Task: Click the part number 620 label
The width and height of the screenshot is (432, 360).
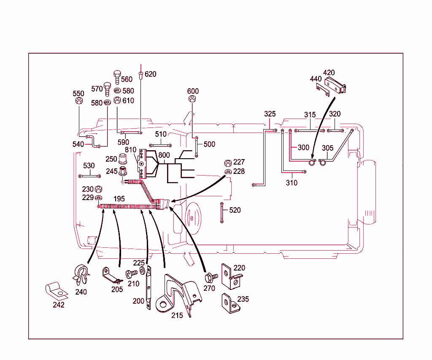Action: (x=150, y=74)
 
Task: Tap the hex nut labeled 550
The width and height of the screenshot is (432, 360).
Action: (x=78, y=102)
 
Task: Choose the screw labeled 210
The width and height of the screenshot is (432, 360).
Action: (x=132, y=273)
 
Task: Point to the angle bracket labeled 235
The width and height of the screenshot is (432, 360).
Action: (x=227, y=303)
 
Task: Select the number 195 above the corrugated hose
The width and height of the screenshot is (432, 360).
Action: (x=119, y=198)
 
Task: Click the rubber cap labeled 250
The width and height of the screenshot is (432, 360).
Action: (x=123, y=159)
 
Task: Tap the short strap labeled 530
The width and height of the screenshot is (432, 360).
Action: (x=89, y=176)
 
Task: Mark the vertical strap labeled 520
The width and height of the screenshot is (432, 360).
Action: (x=221, y=212)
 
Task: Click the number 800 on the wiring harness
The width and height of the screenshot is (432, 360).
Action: (x=164, y=155)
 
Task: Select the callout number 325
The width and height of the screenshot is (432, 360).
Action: (x=270, y=114)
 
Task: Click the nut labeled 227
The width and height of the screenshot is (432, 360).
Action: (x=227, y=162)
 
